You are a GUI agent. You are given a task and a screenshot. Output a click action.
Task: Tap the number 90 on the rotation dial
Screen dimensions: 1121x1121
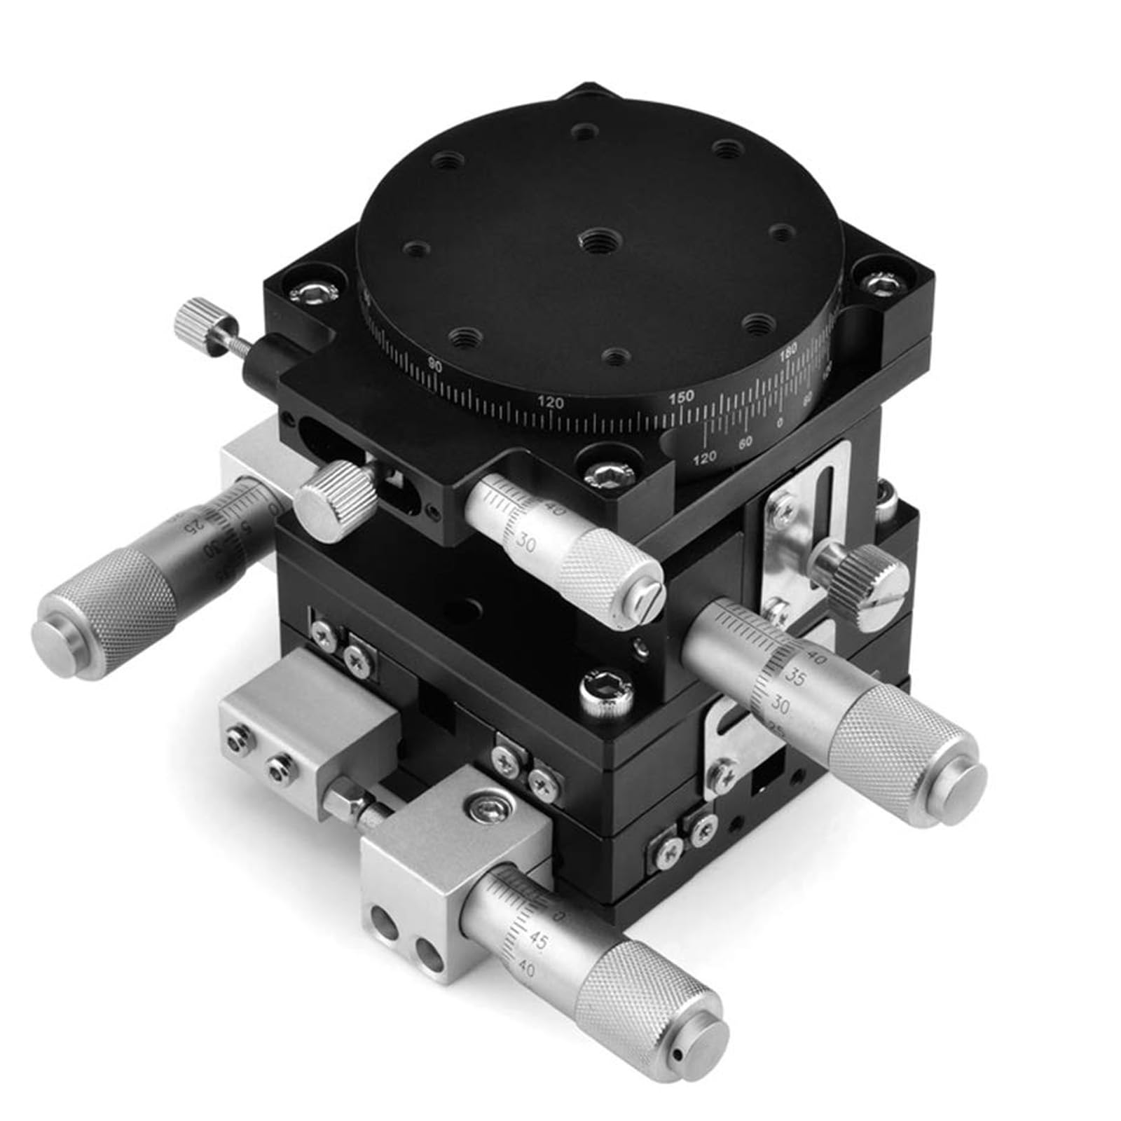click(435, 363)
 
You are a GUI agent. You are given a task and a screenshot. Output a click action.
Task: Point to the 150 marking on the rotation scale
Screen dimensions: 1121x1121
click(681, 397)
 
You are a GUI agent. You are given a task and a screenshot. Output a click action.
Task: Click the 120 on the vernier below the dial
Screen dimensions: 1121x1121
click(705, 458)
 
